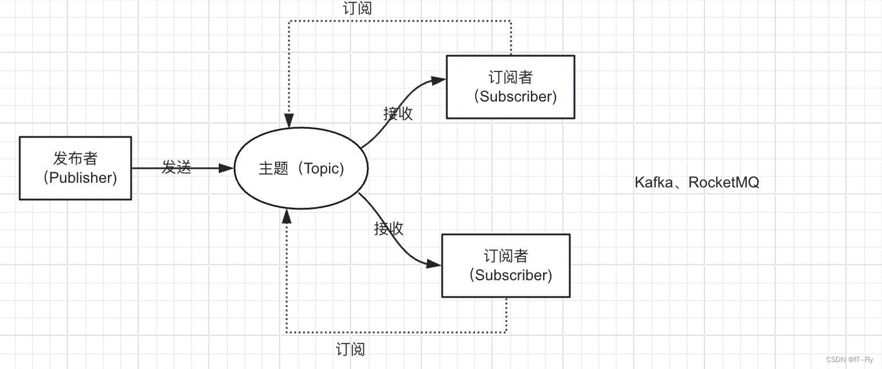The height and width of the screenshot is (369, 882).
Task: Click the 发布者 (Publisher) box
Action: [x=75, y=168]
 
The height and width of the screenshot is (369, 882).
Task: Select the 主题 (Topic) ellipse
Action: [x=301, y=168]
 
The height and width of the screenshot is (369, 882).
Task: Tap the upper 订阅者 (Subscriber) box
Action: [x=511, y=87]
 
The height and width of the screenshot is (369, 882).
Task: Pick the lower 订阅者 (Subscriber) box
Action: [x=506, y=266]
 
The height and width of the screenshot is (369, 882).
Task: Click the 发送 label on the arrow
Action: [x=176, y=168]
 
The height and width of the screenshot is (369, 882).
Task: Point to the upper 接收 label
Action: [x=398, y=114]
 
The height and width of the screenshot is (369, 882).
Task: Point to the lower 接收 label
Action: [x=388, y=229]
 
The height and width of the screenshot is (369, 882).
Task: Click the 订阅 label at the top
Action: [x=357, y=8]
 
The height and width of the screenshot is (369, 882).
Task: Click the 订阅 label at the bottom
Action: [x=350, y=349]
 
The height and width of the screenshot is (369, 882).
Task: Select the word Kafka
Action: [x=653, y=182]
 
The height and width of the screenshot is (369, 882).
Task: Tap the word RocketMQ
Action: [x=724, y=182]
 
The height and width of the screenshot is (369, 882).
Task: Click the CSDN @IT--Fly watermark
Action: [x=850, y=360]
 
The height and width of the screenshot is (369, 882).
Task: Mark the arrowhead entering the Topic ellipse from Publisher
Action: [x=227, y=168]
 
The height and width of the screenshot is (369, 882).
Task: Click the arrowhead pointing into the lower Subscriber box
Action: [x=434, y=263]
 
